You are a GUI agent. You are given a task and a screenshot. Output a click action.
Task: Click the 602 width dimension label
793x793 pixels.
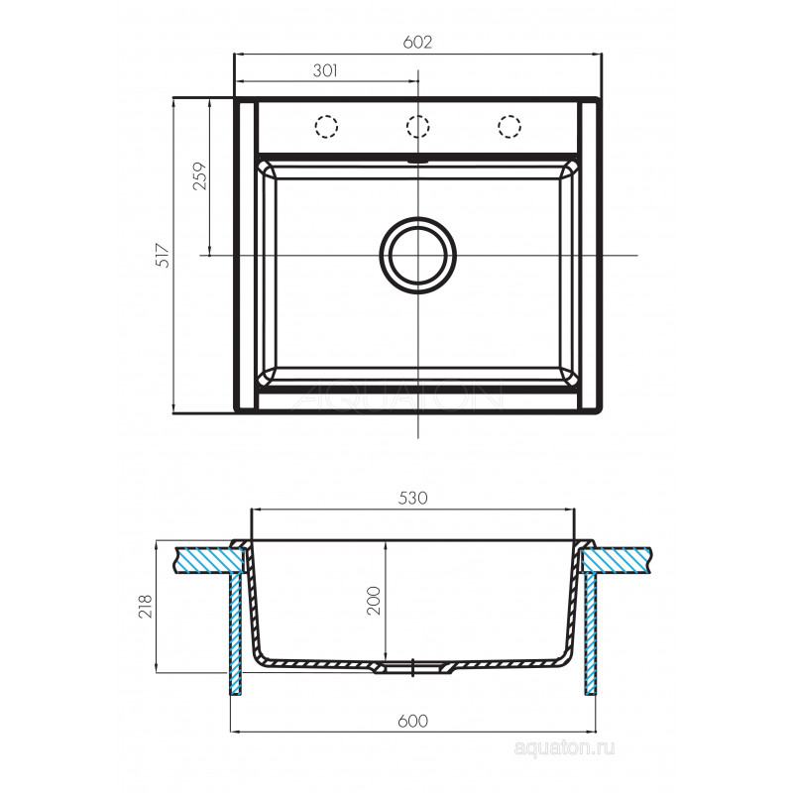pos(417,43)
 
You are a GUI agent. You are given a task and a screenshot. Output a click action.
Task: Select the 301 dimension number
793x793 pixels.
pos(325,70)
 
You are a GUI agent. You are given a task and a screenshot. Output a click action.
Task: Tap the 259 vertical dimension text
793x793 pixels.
pos(200,175)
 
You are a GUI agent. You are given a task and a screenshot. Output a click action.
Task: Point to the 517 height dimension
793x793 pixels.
pos(163,256)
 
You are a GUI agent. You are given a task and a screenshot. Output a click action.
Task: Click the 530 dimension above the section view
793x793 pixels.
pos(413,499)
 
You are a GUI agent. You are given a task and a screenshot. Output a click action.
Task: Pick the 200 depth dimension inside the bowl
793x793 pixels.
pos(374,601)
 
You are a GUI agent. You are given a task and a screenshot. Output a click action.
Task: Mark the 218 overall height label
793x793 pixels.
pos(145,606)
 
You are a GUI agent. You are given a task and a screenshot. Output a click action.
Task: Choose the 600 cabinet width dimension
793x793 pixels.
pos(412,721)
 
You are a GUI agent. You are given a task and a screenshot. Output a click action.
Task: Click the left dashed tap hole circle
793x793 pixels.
pos(326,126)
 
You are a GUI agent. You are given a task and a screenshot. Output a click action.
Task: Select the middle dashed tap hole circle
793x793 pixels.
pos(417,126)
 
